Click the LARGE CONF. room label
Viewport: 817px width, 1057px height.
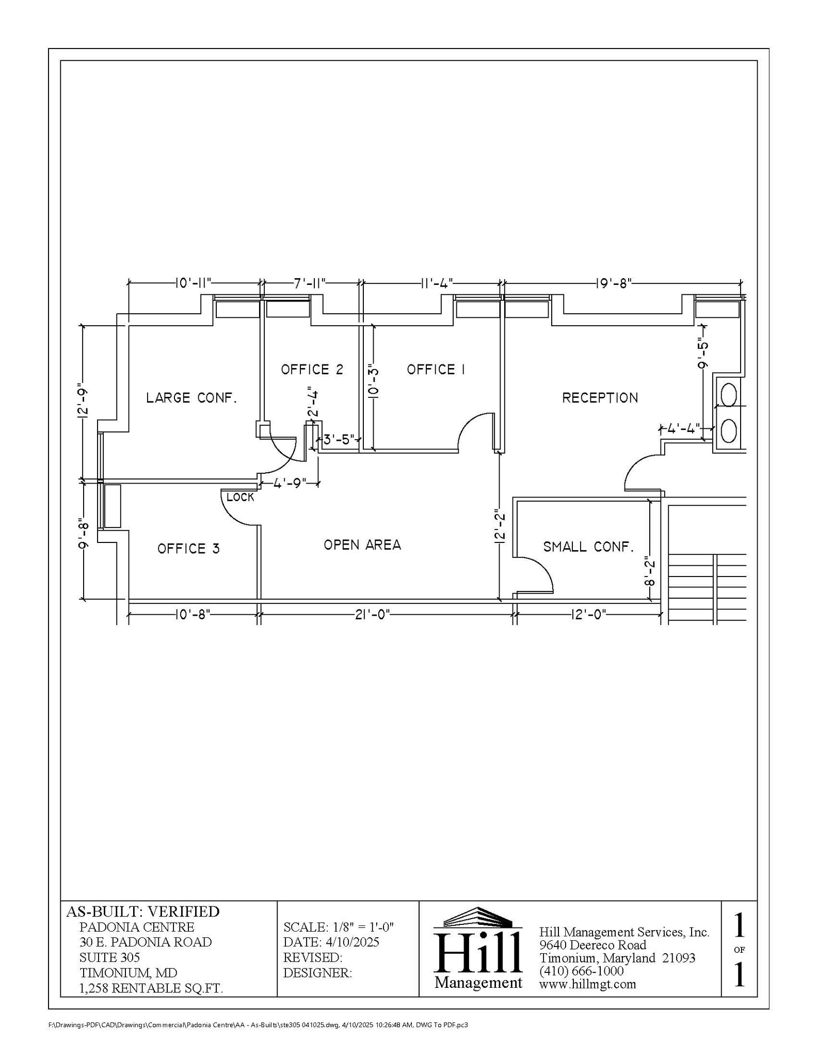[x=191, y=398]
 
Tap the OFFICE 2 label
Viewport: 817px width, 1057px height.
[x=312, y=370]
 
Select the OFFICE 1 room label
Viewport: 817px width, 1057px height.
[x=436, y=370]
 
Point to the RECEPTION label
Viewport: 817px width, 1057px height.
[x=600, y=398]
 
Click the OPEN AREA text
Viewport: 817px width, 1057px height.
[x=362, y=545]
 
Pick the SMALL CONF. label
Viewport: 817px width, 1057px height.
[x=588, y=547]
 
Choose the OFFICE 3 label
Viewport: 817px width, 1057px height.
[x=188, y=549]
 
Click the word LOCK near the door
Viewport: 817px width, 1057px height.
[x=241, y=498]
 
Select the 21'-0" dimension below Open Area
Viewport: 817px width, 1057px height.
[x=372, y=615]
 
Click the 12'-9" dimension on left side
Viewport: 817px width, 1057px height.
[x=83, y=400]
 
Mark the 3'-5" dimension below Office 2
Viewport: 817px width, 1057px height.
[x=339, y=440]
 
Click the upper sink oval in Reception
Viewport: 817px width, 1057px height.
[x=728, y=396]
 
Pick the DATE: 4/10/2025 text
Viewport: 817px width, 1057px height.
[x=331, y=942]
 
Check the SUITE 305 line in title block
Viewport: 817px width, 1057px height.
[x=109, y=957]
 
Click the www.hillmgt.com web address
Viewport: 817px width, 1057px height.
[x=587, y=984]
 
